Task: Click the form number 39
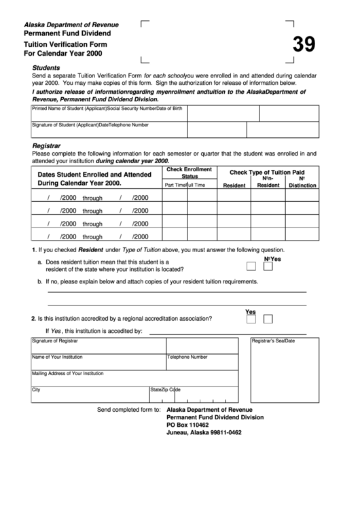[304, 45]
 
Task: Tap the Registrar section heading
[47, 145]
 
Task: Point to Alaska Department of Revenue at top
[67, 22]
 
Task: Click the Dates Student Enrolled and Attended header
[94, 175]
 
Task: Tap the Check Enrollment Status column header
[189, 172]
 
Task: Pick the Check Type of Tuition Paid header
[267, 173]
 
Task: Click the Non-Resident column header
[268, 182]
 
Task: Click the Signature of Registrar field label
[55, 340]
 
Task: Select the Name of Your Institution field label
[57, 357]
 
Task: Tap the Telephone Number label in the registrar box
[187, 357]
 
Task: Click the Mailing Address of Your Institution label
[67, 373]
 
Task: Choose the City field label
[36, 390]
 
